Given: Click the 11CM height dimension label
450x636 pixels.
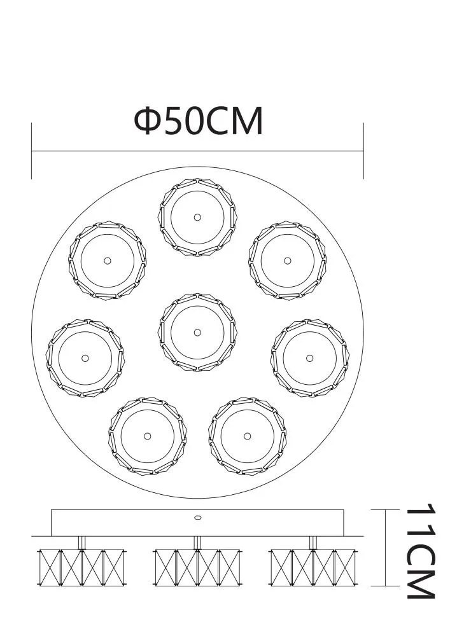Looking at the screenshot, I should [421, 551].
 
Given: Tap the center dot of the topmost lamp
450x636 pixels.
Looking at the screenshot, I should [197, 217].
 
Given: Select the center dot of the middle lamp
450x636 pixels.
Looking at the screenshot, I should [197, 332].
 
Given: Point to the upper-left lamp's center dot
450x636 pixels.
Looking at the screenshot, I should [107, 260].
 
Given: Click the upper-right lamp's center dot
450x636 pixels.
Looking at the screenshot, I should [288, 260].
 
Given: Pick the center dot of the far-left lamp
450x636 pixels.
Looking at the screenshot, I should [85, 357].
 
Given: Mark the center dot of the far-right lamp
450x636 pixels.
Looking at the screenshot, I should [310, 357].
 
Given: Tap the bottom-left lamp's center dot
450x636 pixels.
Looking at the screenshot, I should [147, 436].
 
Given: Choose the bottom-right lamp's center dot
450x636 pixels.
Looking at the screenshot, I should [248, 436].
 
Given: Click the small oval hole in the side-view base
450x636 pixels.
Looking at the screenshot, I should [197, 518].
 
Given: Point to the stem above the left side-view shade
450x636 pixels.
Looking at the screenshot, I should [82, 542].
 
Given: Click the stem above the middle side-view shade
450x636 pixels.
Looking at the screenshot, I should [197, 542].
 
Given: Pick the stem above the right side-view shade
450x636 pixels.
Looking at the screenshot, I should [313, 542].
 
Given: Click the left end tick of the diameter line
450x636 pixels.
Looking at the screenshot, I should [32, 151].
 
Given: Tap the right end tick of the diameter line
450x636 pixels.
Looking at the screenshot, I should [363, 151].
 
